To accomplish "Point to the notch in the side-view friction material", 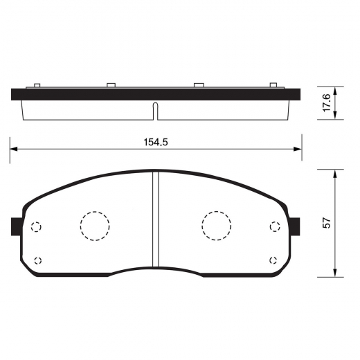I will [x=156, y=109].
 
